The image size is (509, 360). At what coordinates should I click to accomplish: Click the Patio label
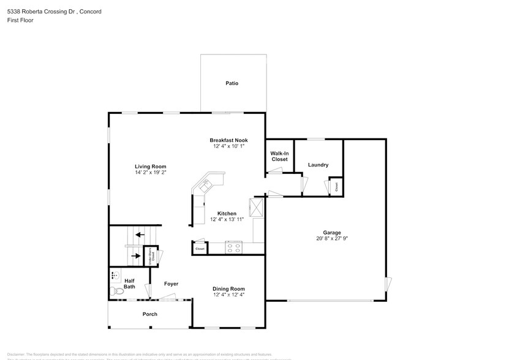click(232, 83)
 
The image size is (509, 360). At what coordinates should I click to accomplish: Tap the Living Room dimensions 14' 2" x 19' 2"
click(151, 173)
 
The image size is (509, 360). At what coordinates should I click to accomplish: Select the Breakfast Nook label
click(228, 140)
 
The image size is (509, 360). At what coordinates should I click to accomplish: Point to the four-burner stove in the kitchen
click(233, 247)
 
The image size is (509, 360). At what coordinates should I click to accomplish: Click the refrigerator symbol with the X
click(257, 208)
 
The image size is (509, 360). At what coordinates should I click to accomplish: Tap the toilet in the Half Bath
click(113, 290)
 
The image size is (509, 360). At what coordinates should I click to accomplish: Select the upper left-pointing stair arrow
click(140, 234)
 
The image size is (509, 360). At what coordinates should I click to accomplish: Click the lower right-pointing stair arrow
click(136, 255)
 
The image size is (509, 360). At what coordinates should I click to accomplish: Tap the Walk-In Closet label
click(279, 156)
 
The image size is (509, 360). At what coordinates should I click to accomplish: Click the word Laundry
click(318, 165)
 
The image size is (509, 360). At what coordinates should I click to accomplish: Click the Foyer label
click(171, 284)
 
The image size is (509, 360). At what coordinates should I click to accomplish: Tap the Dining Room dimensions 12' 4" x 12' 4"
click(228, 295)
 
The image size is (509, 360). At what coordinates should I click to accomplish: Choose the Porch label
click(149, 314)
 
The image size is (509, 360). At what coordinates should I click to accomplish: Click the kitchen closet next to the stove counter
click(200, 249)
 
